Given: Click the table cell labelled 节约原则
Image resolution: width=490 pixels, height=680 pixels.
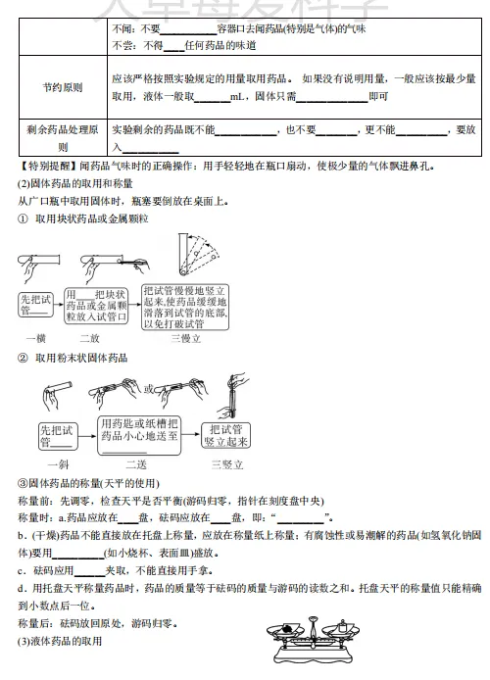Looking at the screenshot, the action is [x=63, y=87].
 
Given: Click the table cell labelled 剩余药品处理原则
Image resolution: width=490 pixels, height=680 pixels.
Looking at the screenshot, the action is [x=63, y=137].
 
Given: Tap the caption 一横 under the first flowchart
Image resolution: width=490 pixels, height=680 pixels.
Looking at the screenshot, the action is [x=36, y=338].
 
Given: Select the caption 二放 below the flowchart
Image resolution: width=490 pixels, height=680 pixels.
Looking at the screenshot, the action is [x=90, y=338].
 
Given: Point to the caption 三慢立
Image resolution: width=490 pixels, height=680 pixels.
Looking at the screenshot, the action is [x=185, y=338].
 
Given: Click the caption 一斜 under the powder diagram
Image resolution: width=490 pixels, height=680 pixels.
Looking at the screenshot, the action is [x=58, y=464].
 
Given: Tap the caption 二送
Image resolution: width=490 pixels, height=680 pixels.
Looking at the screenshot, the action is [x=136, y=464].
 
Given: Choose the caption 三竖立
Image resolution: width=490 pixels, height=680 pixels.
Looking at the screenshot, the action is [x=227, y=464].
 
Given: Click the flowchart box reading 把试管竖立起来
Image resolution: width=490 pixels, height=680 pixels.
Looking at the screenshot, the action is [x=226, y=435].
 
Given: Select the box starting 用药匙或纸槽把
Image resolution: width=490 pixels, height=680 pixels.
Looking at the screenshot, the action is [x=139, y=435].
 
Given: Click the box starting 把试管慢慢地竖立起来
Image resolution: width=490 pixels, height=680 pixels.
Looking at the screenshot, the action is [x=185, y=307].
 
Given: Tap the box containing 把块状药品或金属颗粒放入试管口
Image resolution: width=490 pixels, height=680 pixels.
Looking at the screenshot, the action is [x=96, y=306].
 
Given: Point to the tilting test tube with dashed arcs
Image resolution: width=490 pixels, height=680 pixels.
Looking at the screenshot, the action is [x=197, y=255].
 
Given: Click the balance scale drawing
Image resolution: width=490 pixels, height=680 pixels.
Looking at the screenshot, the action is [x=313, y=639].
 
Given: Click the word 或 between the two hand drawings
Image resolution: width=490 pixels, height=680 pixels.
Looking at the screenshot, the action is [x=149, y=389].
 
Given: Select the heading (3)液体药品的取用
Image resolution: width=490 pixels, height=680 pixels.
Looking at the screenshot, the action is [x=60, y=641].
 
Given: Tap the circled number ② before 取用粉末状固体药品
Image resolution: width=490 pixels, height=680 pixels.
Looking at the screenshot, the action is [x=23, y=358].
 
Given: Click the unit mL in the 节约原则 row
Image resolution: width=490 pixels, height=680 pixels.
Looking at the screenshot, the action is [x=237, y=96].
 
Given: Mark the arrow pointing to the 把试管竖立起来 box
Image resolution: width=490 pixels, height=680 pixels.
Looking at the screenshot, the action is [x=191, y=434].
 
